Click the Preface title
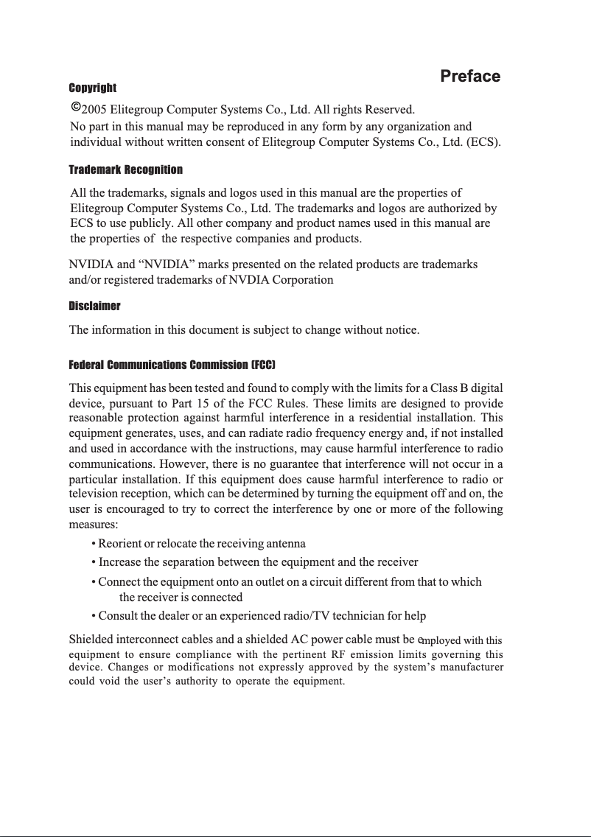click(x=469, y=77)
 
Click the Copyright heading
click(x=92, y=88)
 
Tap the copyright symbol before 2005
click(x=75, y=108)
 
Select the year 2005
click(x=94, y=111)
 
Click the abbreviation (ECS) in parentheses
click(x=484, y=141)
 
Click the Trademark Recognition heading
click(x=125, y=170)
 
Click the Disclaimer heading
click(x=94, y=306)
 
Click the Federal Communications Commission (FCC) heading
click(x=172, y=365)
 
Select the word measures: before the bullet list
click(x=93, y=525)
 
